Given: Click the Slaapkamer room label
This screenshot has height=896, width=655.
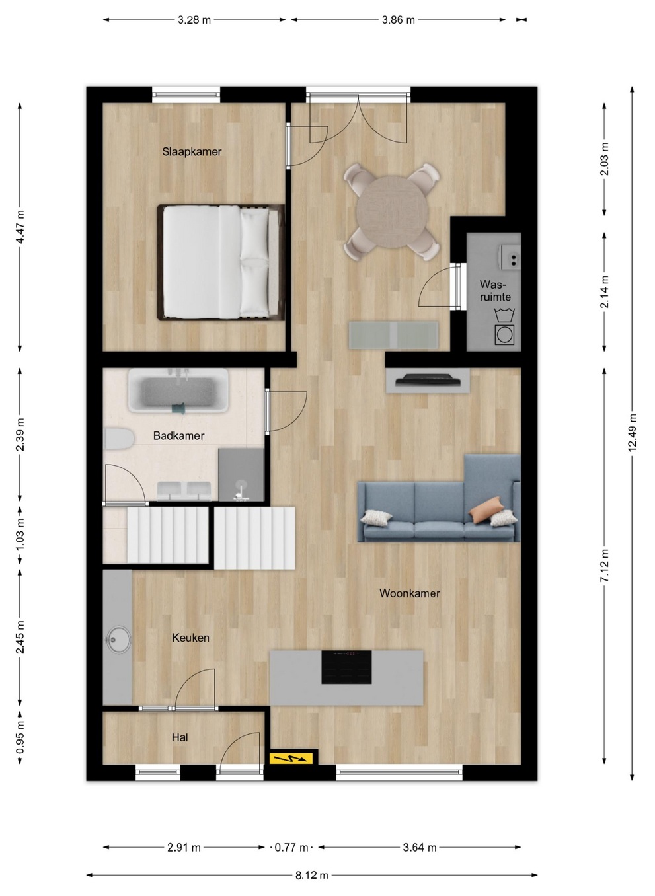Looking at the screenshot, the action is point(192,152).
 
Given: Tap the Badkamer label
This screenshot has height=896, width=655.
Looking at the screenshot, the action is point(178,436).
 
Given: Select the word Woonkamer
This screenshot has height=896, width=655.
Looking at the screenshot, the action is point(409,593).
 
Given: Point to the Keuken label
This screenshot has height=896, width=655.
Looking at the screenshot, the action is point(190,638).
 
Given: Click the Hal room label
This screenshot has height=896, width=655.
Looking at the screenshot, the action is point(180,738).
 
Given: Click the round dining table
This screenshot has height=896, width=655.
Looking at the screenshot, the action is point(392,212).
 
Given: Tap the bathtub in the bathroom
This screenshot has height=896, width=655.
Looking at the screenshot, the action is point(178,391).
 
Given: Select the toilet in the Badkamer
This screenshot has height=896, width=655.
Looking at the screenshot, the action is point(118,439).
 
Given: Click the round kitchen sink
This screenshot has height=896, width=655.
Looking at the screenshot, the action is point(118,640).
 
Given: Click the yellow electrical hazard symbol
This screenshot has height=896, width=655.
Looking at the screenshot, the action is point(291,758).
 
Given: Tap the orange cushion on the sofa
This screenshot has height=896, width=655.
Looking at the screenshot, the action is point(486,509).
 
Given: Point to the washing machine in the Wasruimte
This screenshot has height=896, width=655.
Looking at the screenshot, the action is point(504,335).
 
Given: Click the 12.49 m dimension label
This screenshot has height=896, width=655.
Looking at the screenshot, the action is point(632,433).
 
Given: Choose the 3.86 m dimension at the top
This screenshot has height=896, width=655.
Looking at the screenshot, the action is point(398,20).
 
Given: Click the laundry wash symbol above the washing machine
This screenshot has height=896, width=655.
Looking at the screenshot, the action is point(504,315).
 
